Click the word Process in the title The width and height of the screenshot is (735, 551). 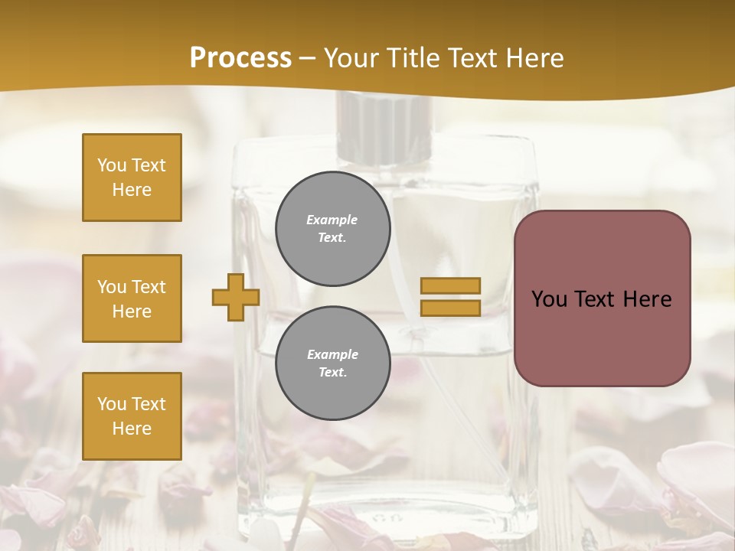pos(240,58)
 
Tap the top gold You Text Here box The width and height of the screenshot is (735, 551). pos(132,178)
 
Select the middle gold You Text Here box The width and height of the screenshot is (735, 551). pos(132,298)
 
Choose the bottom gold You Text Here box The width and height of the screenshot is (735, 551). pos(132,416)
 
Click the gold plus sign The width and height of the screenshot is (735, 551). pos(236,297)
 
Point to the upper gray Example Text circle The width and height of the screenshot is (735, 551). pos(332,229)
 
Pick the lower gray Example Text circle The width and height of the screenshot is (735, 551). pos(332,363)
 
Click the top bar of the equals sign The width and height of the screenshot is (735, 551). pos(450,286)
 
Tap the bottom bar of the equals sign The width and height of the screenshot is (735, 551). pos(450,308)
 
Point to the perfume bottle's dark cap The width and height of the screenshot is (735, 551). pos(385,127)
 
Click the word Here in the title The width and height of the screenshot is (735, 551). pos(536,58)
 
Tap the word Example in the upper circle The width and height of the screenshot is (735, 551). pos(332,220)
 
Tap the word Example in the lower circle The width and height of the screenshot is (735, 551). pos(332,354)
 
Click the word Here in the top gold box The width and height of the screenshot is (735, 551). pos(132,190)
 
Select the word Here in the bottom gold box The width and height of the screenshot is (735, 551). pos(132,429)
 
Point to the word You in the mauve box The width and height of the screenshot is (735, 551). pos(549,299)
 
